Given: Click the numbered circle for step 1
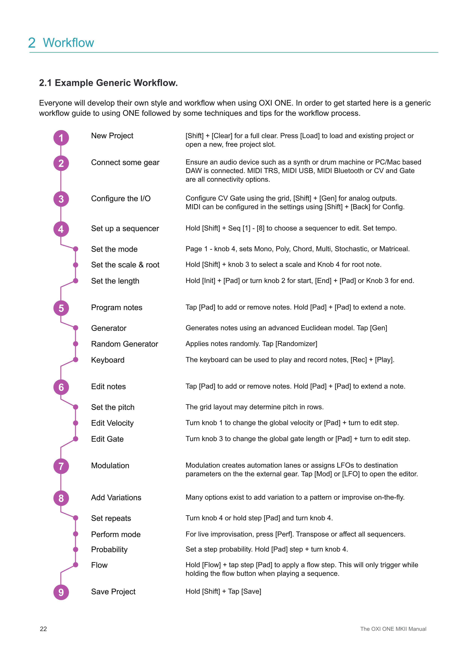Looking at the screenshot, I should point(61,138).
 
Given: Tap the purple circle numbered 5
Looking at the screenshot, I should point(61,308).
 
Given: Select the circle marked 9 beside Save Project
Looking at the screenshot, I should point(61,592).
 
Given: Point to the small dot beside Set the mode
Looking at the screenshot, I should point(76,249).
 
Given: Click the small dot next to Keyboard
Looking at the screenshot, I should point(76,360).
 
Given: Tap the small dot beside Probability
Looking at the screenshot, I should point(76,549).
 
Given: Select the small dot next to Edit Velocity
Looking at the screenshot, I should point(76,423).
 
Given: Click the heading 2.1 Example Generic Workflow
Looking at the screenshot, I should point(108,83).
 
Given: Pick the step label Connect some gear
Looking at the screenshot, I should point(125,162).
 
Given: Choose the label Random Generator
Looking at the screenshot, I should point(125,344).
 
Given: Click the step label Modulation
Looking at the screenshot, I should point(110,465).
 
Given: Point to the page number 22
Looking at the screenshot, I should point(43,629).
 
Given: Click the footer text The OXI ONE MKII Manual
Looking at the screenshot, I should point(393,629).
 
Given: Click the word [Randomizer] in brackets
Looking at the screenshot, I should point(296,344).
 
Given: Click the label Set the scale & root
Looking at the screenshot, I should point(125,265).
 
